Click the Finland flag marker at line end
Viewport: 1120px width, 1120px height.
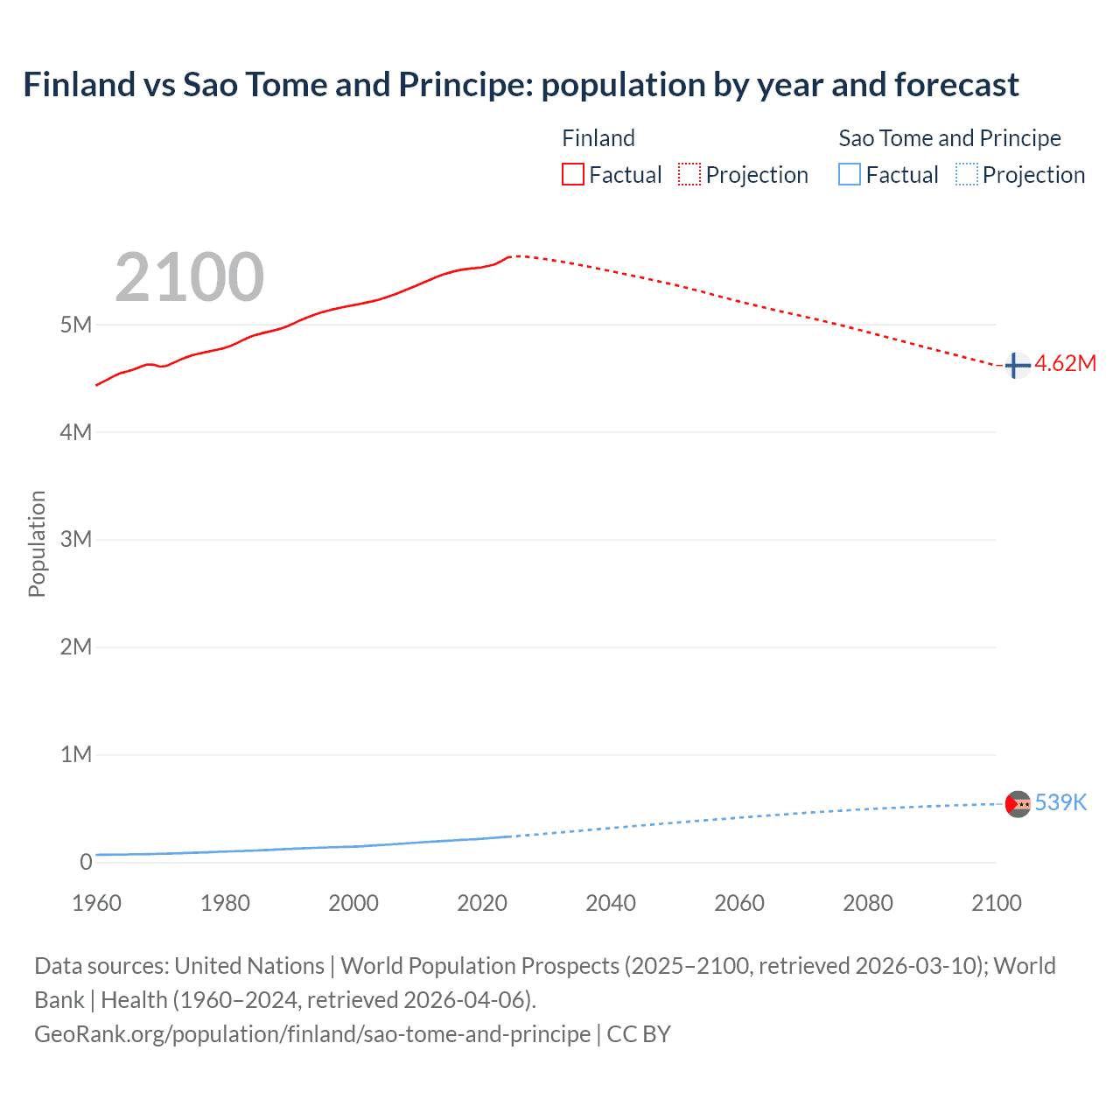1016,365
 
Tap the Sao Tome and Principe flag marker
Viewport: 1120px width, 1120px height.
1018,803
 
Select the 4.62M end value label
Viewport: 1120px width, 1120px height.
1065,364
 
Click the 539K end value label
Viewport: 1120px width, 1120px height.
1060,803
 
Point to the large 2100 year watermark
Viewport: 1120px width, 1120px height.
189,277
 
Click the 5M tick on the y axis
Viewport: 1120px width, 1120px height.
76,325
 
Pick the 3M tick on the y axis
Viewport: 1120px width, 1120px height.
76,539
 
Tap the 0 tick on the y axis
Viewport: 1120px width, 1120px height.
86,862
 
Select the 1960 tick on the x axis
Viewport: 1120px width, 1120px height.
96,903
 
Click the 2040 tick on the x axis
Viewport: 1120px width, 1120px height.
611,903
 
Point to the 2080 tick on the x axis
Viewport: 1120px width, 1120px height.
868,903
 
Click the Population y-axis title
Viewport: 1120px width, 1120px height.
37,543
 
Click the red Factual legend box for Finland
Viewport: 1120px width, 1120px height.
572,175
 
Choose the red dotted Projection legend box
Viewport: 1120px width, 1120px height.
689,175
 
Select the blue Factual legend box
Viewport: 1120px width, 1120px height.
850,175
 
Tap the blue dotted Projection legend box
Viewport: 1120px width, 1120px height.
967,175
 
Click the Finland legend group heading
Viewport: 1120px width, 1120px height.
598,138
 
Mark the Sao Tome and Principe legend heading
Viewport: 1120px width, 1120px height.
949,138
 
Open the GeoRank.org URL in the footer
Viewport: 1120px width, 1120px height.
312,1034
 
